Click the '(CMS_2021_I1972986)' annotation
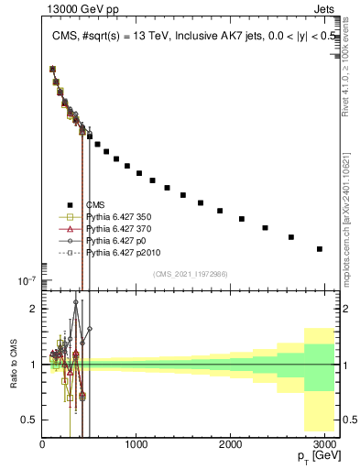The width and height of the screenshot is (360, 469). tap(191, 273)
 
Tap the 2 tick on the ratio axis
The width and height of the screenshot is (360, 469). tap(33, 309)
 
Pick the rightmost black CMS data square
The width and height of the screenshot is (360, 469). tap(320, 248)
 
